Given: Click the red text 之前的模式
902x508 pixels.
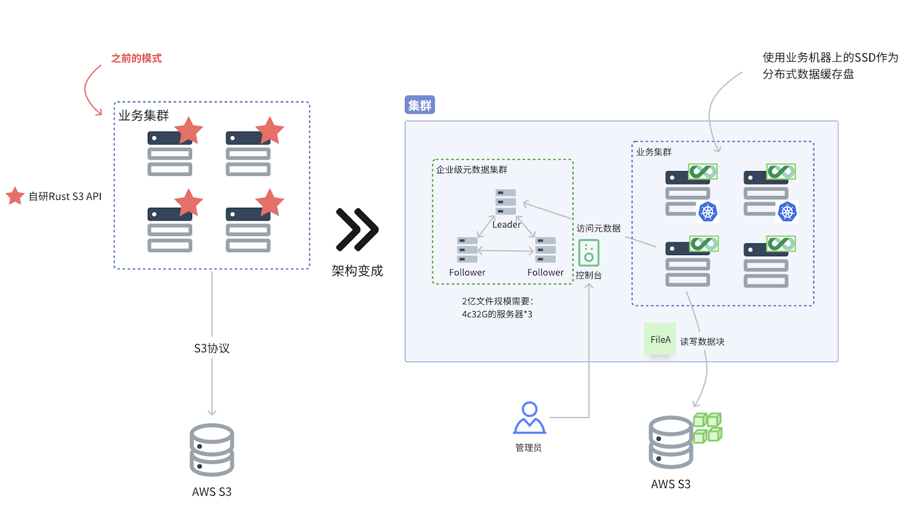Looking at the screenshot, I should pos(136,58).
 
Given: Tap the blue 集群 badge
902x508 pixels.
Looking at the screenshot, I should pos(419,105).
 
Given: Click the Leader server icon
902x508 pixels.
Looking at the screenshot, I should pos(506,202).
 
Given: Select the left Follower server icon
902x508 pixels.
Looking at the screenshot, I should pos(467,249).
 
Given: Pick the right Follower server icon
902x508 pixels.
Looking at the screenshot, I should pos(545,249).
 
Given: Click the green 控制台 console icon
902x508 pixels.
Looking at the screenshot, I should pos(589,253).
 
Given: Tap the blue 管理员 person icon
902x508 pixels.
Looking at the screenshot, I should pos(529,418).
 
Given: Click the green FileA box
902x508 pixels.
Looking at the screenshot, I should pos(660,339).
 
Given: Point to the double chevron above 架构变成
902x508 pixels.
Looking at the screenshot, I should pos(357,230).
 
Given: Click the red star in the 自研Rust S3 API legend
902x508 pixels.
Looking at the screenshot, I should pos(15,196).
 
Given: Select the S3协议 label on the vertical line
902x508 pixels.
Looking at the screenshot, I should pos(212,348).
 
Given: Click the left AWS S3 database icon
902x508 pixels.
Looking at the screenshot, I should pos(212,450).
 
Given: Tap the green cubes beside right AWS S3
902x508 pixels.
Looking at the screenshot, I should pos(708,427).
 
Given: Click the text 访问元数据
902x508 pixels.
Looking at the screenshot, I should pos(598,228).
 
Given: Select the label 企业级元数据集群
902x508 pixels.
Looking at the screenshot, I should pos(471,169).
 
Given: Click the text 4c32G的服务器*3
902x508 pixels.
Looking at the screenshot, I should pos(497,314).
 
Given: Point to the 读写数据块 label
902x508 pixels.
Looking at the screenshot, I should pos(702,341).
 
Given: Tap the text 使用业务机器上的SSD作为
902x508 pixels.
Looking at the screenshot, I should pos(830,58).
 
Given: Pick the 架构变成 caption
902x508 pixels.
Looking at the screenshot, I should pos(357,271).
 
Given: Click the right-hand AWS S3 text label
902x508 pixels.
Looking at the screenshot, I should pos(670,484).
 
